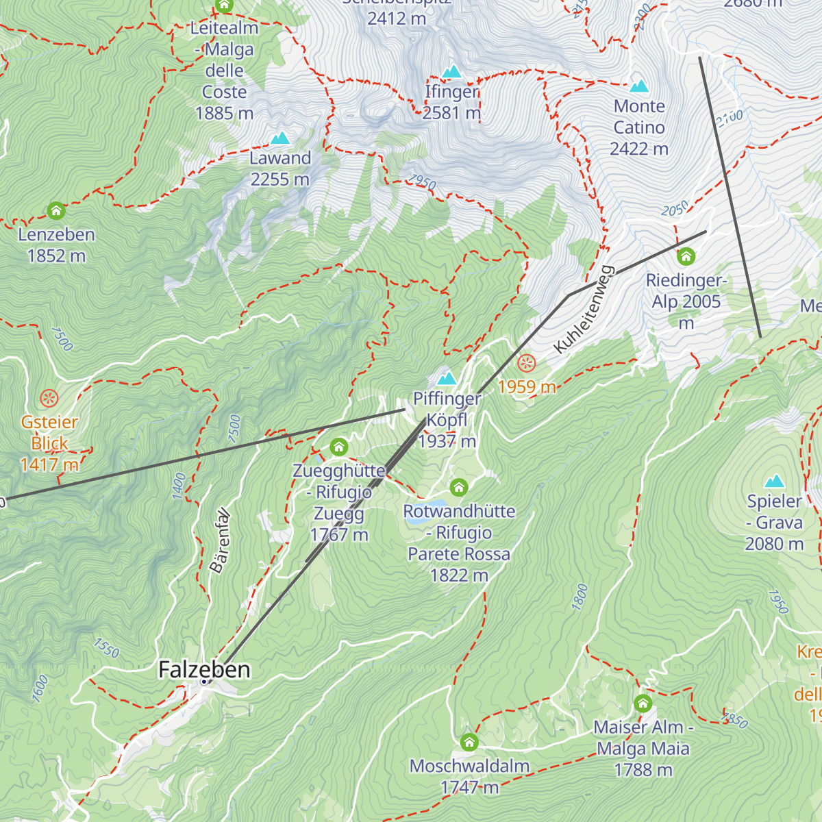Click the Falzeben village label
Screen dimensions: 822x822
[x=204, y=669]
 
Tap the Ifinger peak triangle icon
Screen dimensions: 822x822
[x=451, y=72]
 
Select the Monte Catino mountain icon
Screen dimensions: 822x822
[x=639, y=86]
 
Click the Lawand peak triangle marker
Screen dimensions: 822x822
[x=279, y=139]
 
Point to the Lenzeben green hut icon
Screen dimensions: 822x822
[x=56, y=210]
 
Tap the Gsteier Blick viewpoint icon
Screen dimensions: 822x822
[x=49, y=398]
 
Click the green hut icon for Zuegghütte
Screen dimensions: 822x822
[x=339, y=448]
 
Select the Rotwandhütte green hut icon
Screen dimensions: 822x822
[x=459, y=488]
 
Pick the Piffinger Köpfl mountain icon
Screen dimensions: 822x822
[x=447, y=378]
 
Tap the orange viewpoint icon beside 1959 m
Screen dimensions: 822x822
[x=527, y=363]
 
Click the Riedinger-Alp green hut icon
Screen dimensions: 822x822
[x=686, y=257]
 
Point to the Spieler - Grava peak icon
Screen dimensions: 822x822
[x=775, y=481]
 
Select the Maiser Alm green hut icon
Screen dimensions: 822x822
[x=643, y=703]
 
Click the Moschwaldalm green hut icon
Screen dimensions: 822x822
[x=469, y=743]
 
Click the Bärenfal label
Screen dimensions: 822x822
[x=220, y=540]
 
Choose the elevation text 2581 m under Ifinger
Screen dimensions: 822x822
[x=451, y=113]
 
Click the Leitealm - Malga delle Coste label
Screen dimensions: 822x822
[x=225, y=71]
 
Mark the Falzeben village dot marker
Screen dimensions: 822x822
[x=204, y=682]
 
